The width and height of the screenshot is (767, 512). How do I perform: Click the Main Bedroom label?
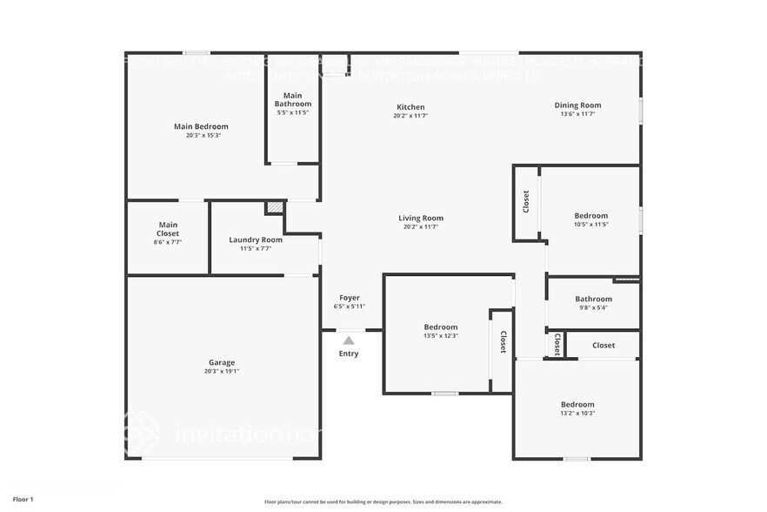point(201,127)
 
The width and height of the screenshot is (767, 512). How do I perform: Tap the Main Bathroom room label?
point(293,99)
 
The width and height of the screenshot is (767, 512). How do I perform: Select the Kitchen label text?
point(410,107)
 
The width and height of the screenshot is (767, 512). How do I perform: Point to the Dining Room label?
point(577,105)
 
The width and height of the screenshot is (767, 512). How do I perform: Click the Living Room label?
point(421,219)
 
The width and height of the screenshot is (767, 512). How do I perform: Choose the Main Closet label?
point(168,229)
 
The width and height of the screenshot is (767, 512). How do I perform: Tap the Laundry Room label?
point(256,239)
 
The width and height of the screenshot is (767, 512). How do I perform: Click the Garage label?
point(221,362)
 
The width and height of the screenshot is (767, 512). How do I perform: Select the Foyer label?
point(349,298)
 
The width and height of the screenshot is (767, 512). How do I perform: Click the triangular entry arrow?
point(348,340)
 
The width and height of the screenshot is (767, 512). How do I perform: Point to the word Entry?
point(348,354)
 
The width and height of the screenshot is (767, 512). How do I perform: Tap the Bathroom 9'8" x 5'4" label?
point(593,300)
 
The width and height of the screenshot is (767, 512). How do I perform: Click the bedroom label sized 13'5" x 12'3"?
point(441,327)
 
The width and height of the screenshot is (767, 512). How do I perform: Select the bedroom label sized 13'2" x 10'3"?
point(577,404)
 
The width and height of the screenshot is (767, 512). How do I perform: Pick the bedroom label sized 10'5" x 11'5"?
point(590,216)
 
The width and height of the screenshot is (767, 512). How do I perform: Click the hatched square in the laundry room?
point(275,208)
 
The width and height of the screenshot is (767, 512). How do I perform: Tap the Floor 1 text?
point(23,499)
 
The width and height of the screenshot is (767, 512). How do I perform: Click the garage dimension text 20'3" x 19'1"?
point(221,372)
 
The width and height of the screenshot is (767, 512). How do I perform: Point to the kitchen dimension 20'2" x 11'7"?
point(410,116)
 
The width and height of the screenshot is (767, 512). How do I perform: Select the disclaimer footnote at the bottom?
point(383,502)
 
